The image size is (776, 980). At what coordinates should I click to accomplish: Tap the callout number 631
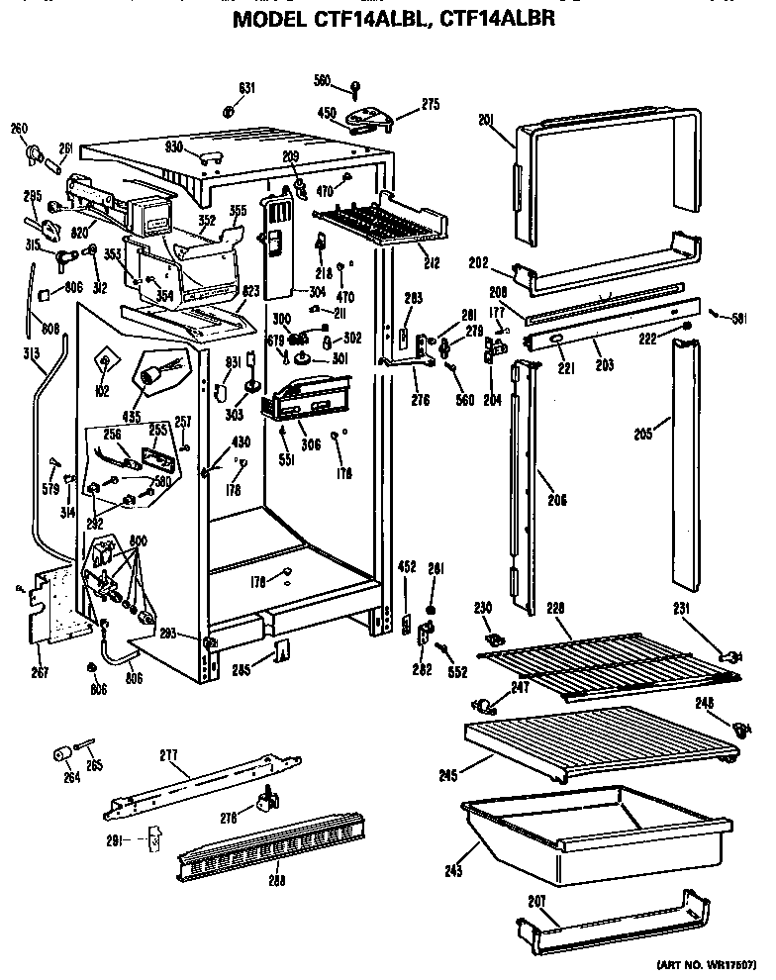click(245, 88)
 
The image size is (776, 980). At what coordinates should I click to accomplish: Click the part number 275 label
click(431, 103)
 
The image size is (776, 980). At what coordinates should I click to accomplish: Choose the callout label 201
click(485, 121)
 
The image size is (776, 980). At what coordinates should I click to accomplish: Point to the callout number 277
click(167, 756)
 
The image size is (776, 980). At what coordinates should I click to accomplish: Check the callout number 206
click(557, 501)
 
